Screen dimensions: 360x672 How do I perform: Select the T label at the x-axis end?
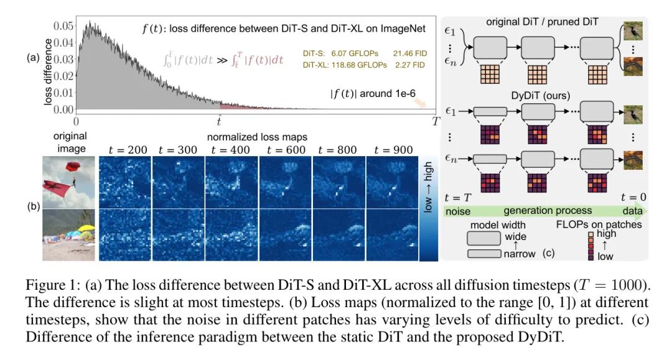[x=436, y=122]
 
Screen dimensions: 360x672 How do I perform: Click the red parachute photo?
[x=68, y=181]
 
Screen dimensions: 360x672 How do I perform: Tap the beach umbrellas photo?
[x=68, y=235]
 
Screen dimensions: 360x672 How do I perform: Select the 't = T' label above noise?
[x=458, y=198]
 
